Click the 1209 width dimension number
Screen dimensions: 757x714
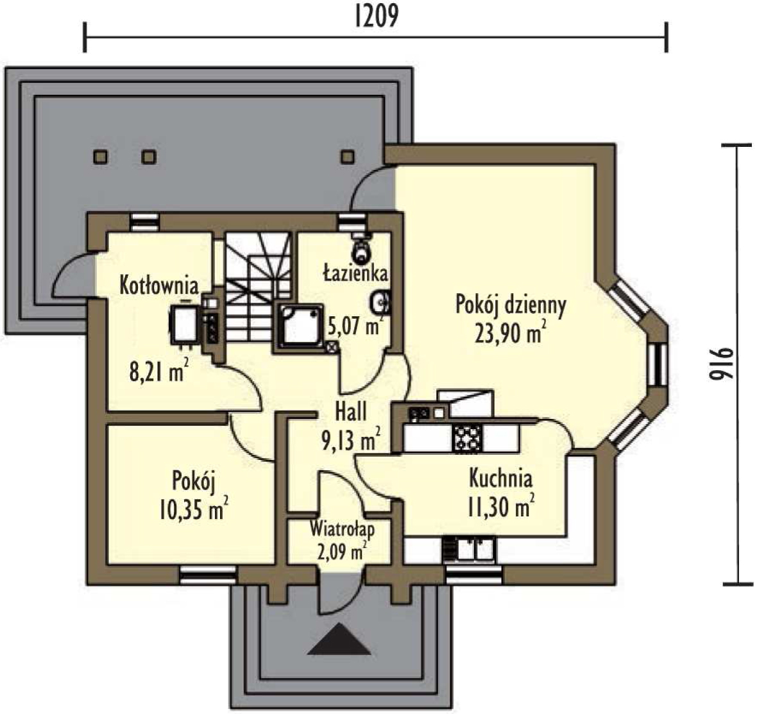pos(376,17)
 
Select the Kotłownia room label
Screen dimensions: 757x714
pos(159,286)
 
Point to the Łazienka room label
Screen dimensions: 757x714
pos(355,273)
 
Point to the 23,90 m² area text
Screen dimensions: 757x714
pos(511,333)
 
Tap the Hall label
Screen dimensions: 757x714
pos(351,412)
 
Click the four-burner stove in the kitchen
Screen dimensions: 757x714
pos(467,438)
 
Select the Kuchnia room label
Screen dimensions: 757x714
pos(500,479)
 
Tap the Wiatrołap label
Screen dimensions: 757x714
pos(342,529)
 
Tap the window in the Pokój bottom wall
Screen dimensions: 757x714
pos(208,575)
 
